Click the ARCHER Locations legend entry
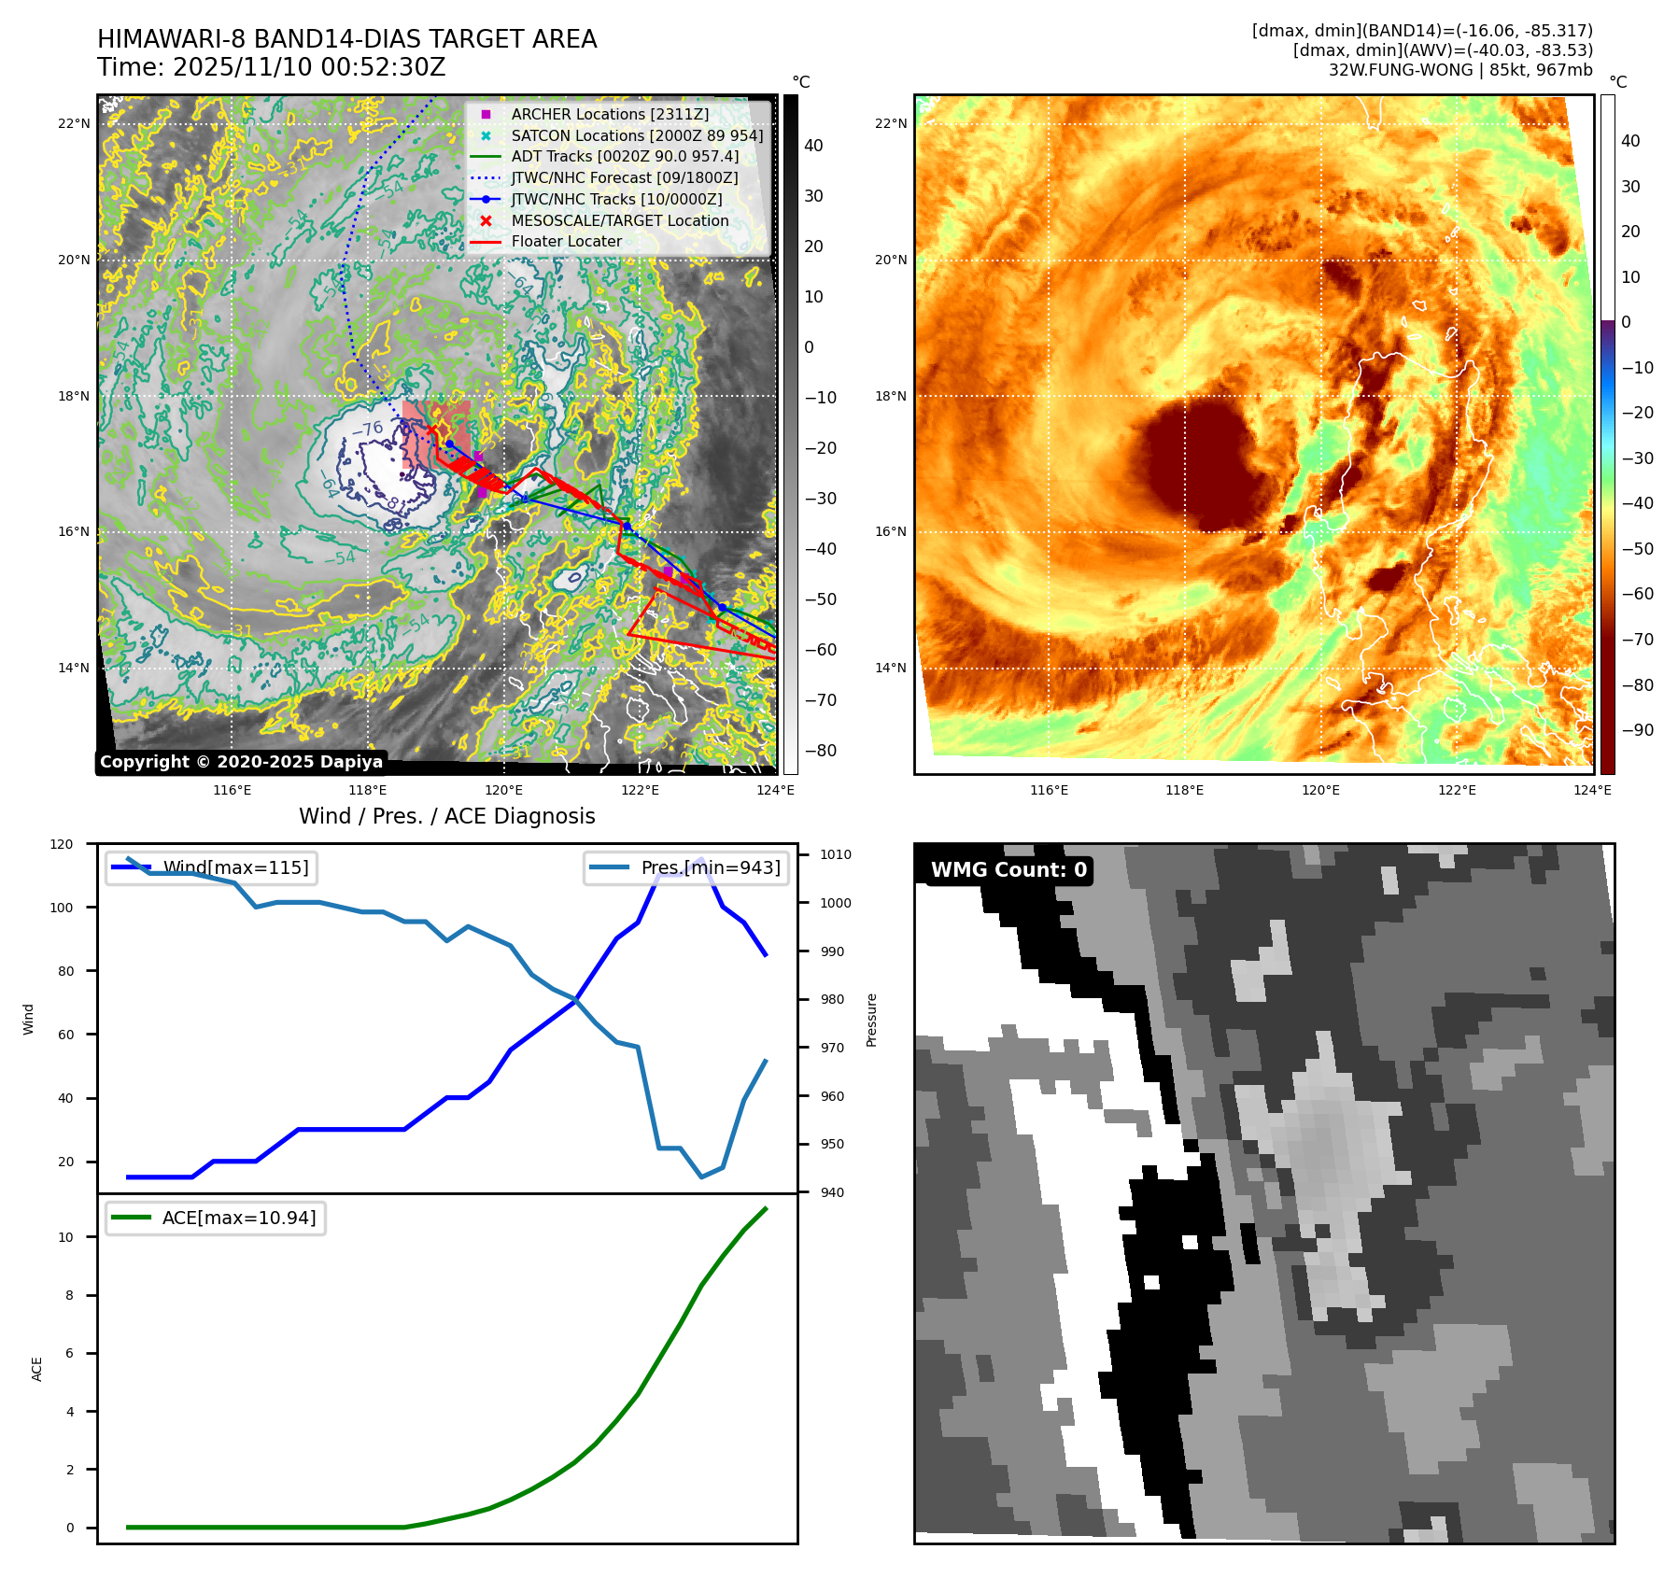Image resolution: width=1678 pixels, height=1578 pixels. coord(610,114)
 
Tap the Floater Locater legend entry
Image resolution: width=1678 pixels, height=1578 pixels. coord(566,241)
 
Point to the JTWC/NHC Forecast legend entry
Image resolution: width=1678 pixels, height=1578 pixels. coord(624,177)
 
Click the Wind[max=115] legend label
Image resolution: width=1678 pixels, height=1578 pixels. coord(235,867)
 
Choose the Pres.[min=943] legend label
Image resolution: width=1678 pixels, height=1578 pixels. coord(711,867)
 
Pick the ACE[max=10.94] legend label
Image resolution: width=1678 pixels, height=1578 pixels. coord(239,1218)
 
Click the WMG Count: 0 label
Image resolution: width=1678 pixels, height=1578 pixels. coord(1008,870)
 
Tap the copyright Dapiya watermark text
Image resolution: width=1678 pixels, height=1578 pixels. coord(241,762)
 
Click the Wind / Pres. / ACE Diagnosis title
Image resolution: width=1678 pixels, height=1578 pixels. coord(446,816)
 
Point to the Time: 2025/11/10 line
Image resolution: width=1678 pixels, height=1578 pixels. coord(271,68)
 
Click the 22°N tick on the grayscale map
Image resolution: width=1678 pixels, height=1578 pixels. coord(74,123)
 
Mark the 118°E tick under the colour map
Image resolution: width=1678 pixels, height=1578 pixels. coord(1184,790)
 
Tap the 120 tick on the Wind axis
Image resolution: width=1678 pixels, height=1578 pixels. coord(62,844)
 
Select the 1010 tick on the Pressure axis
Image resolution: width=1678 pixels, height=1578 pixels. coord(836,854)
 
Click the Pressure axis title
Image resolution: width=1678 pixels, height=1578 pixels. coord(871,1020)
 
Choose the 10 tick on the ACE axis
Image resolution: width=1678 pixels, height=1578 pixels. coord(65,1237)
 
